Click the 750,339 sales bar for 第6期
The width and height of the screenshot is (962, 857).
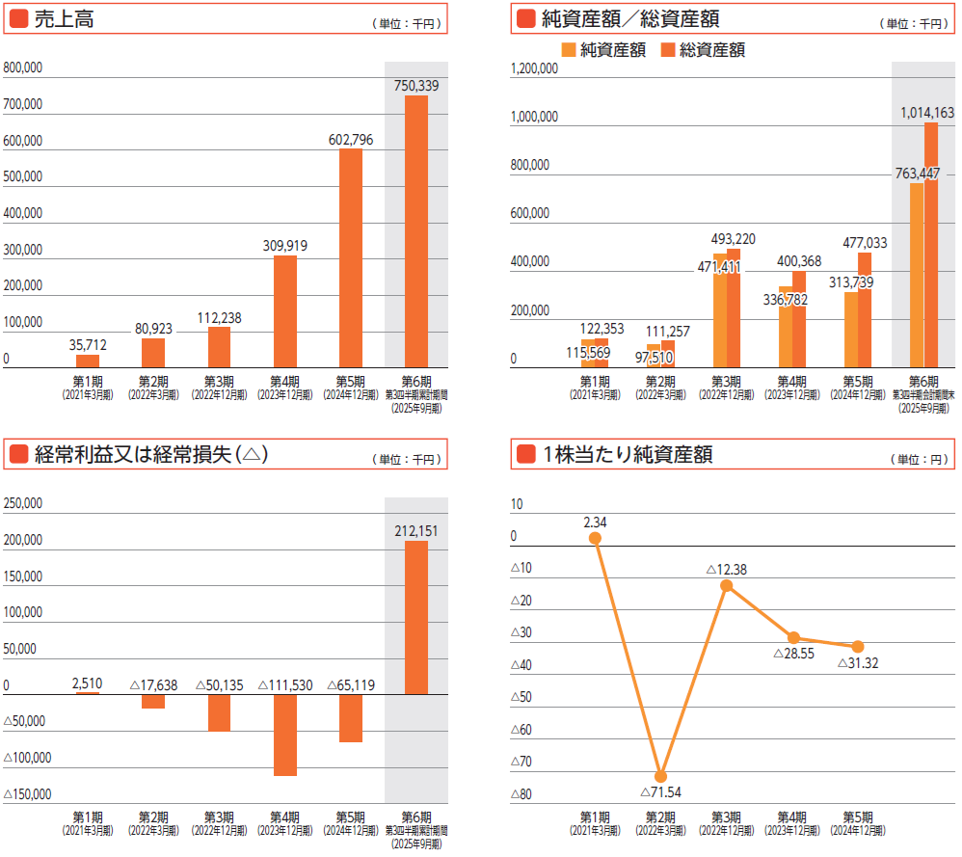(416, 231)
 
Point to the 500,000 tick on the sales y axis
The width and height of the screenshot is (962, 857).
(23, 177)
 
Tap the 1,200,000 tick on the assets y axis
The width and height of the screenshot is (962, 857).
(533, 69)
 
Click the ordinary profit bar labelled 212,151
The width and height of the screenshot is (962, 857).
(416, 617)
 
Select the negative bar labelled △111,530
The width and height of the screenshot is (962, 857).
(285, 735)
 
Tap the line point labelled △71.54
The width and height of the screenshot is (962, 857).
(660, 776)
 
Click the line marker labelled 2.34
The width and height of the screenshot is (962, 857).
(595, 538)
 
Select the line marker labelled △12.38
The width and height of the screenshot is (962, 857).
(727, 585)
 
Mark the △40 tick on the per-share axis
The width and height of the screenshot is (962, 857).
(521, 666)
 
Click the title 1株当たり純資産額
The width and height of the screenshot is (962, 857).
(627, 455)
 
